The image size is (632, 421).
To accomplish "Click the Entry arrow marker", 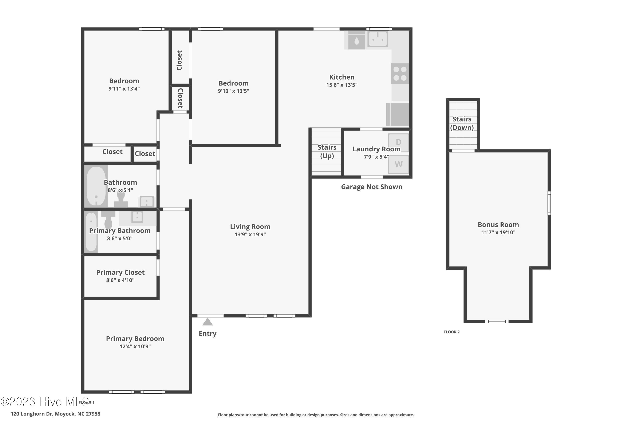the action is coord(208,322).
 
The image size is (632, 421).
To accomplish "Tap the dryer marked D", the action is coord(399,142).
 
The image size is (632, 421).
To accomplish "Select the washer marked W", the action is coord(399,164).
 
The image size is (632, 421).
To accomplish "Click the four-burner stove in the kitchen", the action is coord(400,73).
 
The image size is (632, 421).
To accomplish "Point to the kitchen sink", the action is coord(378,39).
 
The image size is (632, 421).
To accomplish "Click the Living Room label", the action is coord(250,227).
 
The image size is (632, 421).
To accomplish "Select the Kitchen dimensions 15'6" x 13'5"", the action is coord(342,85).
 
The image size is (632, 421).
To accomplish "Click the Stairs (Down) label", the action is coord(462,123).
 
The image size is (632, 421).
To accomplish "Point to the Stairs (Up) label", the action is coord(327,151).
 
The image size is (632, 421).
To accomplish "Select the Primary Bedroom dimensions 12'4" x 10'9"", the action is coord(135,346).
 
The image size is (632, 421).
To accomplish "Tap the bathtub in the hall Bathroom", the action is coord(96,186).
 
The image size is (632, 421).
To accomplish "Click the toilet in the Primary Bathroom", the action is coord(108,219).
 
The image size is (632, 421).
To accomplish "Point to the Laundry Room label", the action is coord(376,149).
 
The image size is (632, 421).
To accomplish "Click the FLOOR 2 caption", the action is coord(451,332).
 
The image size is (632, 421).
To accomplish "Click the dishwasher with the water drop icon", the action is coord(357,40).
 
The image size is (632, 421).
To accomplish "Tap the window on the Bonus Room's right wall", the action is coord(549,203).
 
